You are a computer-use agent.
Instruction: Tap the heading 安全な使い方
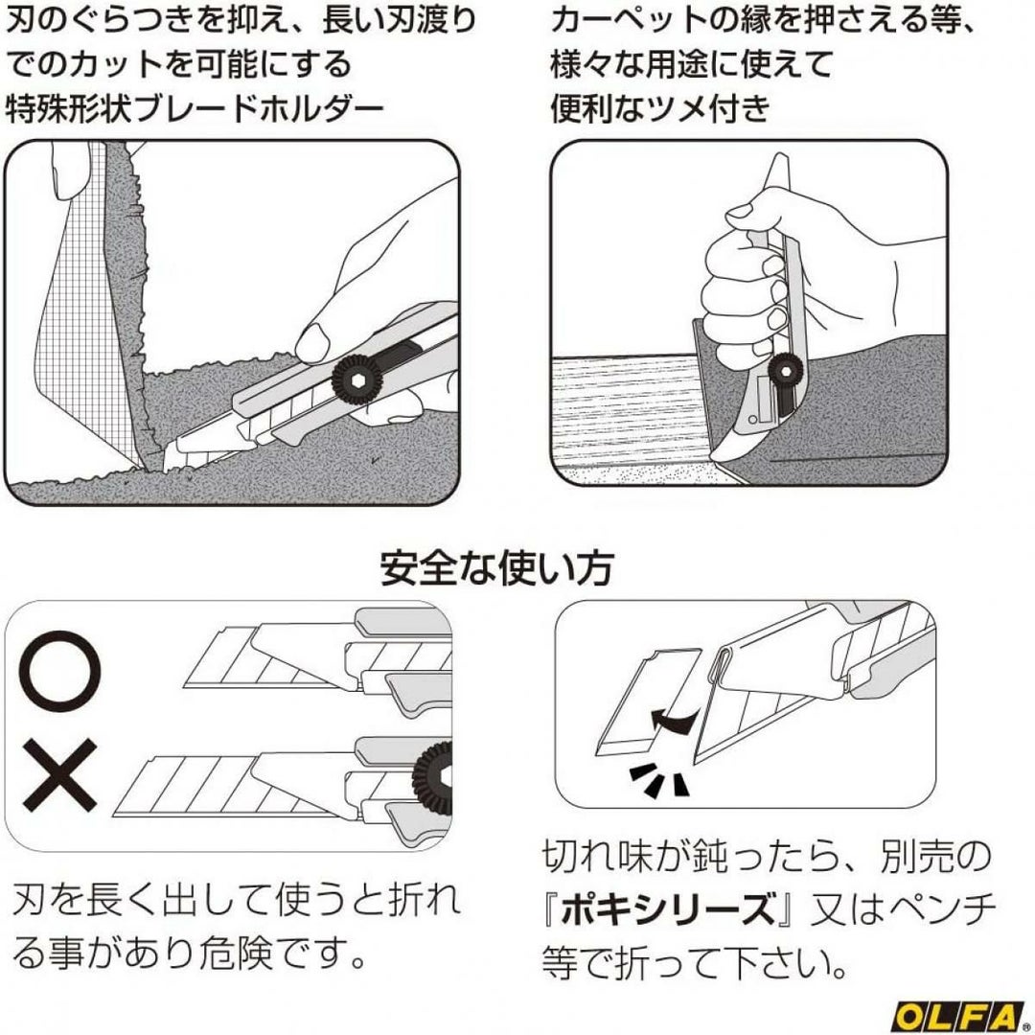tap(496, 567)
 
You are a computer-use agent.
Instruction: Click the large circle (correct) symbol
tap(60, 670)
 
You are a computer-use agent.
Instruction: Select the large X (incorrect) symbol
tap(60, 775)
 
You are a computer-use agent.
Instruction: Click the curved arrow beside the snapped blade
tap(672, 718)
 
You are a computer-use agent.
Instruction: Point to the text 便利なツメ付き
tap(660, 108)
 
